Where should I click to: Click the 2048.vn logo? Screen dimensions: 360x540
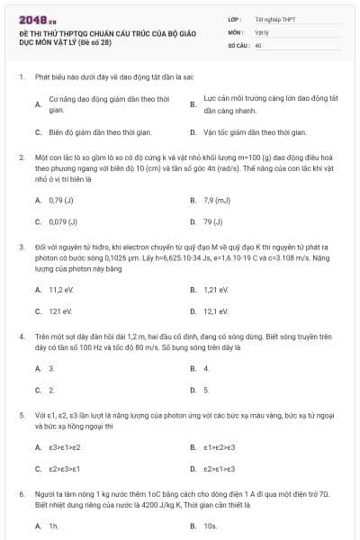point(36,19)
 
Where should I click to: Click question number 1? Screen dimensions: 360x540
point(21,77)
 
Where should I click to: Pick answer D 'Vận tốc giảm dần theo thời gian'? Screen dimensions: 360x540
point(248,131)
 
